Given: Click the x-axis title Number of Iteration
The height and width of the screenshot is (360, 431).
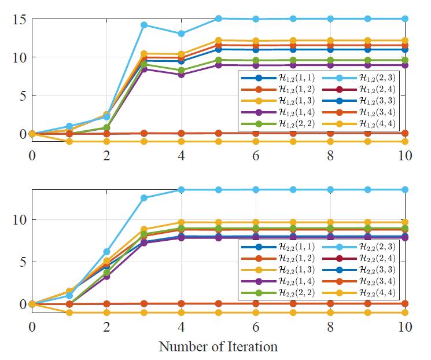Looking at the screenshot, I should click(x=219, y=347).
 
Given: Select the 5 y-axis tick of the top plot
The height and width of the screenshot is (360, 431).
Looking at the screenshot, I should click(x=22, y=95).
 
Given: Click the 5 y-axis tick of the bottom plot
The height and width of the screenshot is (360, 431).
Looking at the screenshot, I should click(x=22, y=262).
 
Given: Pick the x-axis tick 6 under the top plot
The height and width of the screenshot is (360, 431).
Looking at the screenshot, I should click(x=256, y=156).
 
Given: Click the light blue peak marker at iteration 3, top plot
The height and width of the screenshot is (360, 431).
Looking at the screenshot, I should click(x=144, y=25).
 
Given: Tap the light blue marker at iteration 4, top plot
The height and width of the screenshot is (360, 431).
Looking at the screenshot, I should click(x=181, y=34).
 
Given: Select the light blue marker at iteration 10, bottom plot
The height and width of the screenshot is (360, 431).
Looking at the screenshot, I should click(x=405, y=189).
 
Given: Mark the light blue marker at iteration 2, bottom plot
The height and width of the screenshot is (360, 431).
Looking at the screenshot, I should click(x=106, y=252).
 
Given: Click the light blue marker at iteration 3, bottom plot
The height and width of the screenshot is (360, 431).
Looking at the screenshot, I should click(x=144, y=198).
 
